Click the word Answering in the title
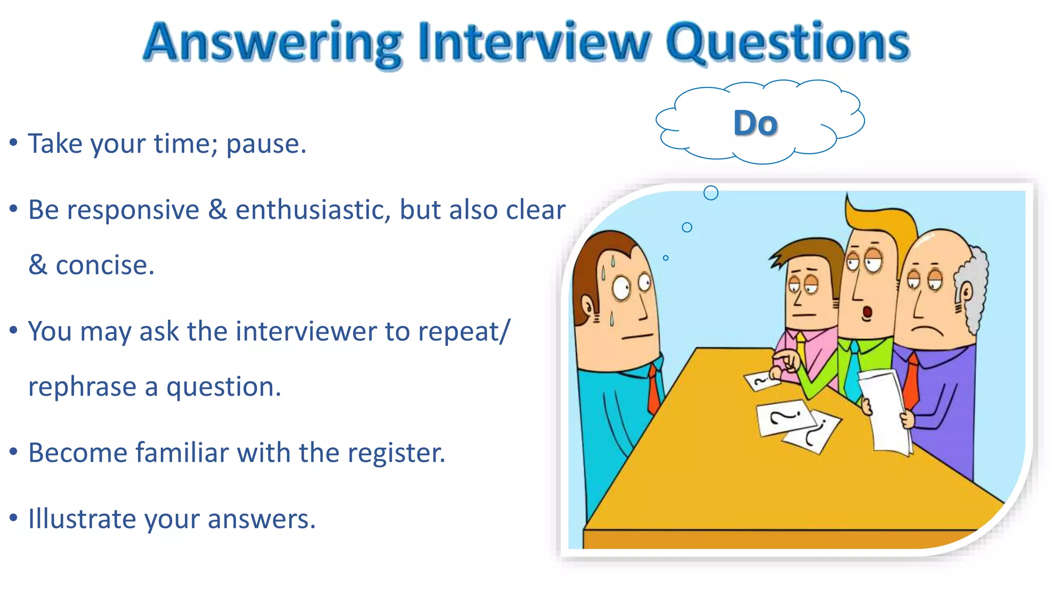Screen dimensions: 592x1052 [x=272, y=44]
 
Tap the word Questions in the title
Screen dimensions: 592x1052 [x=788, y=44]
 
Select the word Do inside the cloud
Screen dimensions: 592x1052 [x=755, y=124]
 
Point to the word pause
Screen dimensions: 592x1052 [x=266, y=144]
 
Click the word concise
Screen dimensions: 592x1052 [x=105, y=266]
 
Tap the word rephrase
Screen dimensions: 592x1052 [x=82, y=387]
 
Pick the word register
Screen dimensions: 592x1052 [x=396, y=453]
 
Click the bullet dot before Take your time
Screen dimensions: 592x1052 [x=14, y=142]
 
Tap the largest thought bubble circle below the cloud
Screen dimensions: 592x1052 [x=711, y=193]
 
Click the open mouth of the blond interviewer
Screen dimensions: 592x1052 [x=867, y=312]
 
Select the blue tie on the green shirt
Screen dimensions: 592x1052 [x=853, y=370]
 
